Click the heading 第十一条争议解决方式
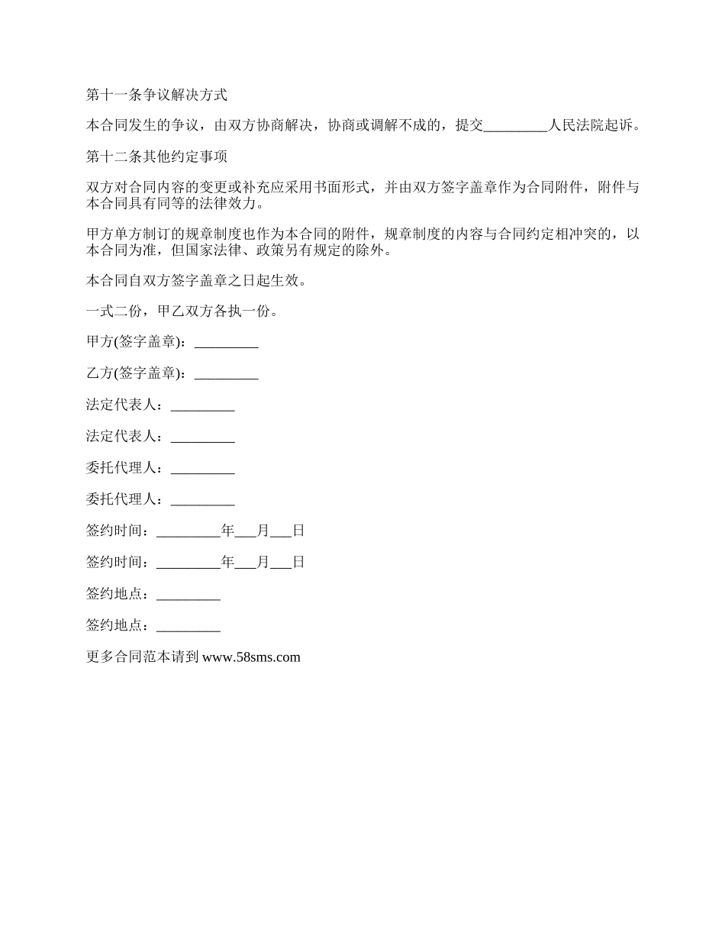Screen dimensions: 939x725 coord(156,95)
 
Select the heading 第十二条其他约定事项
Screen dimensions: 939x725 coord(156,158)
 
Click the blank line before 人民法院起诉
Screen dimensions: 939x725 coord(517,127)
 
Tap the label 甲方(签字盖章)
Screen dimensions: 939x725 coord(135,343)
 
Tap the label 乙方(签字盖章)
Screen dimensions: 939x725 coord(135,374)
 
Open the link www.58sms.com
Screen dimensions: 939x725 coord(251,657)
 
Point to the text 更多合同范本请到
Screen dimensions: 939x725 coord(143,657)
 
